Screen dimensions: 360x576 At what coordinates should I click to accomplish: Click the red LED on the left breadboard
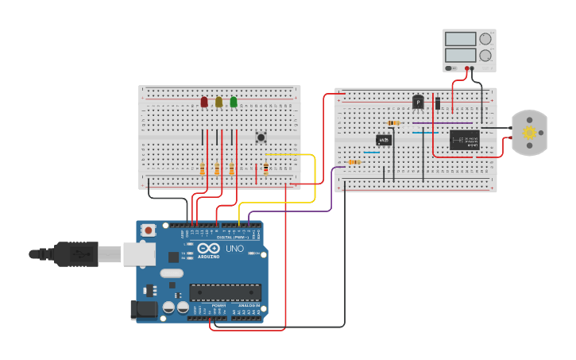pyautogui.click(x=204, y=102)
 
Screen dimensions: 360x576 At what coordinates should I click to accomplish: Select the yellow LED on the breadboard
pyautogui.click(x=218, y=102)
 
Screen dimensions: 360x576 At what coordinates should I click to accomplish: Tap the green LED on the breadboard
pyautogui.click(x=234, y=102)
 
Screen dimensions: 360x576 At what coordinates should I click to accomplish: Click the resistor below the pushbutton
pyautogui.click(x=265, y=168)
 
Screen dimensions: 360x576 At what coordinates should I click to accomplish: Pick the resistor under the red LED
pyautogui.click(x=203, y=168)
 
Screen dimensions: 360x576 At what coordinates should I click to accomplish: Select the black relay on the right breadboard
pyautogui.click(x=464, y=140)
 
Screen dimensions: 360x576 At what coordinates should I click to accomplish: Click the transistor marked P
pyautogui.click(x=418, y=102)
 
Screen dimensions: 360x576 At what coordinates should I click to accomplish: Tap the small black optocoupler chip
pyautogui.click(x=384, y=140)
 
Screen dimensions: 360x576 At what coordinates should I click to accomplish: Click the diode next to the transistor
pyautogui.click(x=438, y=103)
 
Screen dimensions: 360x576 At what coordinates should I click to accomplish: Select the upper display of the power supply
pyautogui.click(x=461, y=39)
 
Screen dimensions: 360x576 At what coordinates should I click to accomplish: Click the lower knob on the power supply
pyautogui.click(x=485, y=56)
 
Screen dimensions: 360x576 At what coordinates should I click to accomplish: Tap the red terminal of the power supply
pyautogui.click(x=467, y=69)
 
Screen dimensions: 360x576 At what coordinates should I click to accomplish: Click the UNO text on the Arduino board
pyautogui.click(x=235, y=249)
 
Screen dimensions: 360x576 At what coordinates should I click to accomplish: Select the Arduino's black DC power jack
pyautogui.click(x=141, y=310)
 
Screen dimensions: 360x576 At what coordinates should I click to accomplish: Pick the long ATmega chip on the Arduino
pyautogui.click(x=225, y=292)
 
